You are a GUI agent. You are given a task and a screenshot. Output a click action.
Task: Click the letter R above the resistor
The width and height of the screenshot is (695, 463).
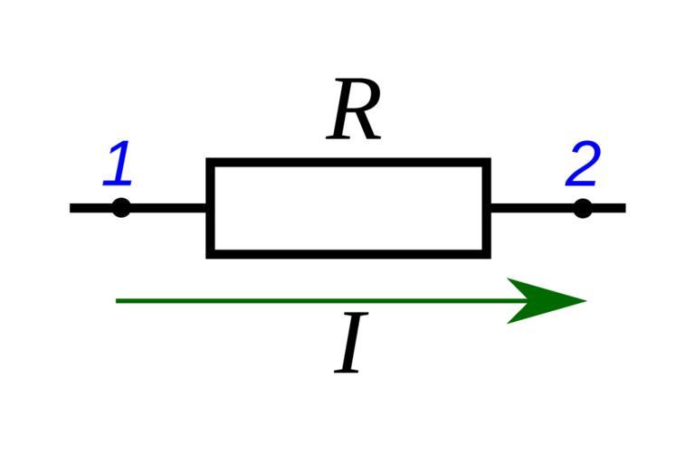(354, 111)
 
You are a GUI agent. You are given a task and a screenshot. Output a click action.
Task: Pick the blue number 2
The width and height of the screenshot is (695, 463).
(583, 165)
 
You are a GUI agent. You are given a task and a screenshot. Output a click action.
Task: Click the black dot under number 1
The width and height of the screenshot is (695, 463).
(120, 208)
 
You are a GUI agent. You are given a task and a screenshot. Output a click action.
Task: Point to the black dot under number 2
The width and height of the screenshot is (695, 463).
(583, 208)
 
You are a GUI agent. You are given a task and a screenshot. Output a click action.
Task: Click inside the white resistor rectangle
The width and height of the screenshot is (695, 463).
(348, 209)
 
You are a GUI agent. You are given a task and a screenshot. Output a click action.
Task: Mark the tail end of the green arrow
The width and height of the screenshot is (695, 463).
(119, 300)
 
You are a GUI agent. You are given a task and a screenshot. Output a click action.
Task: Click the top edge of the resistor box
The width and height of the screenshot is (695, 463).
(348, 163)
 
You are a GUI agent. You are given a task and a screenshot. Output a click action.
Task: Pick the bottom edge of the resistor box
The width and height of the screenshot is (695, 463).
(348, 253)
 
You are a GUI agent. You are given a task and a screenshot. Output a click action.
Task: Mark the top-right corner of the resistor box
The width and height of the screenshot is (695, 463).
(487, 163)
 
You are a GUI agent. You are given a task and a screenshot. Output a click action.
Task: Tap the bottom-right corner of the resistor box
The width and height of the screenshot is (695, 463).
(487, 253)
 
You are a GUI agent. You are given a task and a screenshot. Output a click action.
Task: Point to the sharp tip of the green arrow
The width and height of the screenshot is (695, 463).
(586, 300)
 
